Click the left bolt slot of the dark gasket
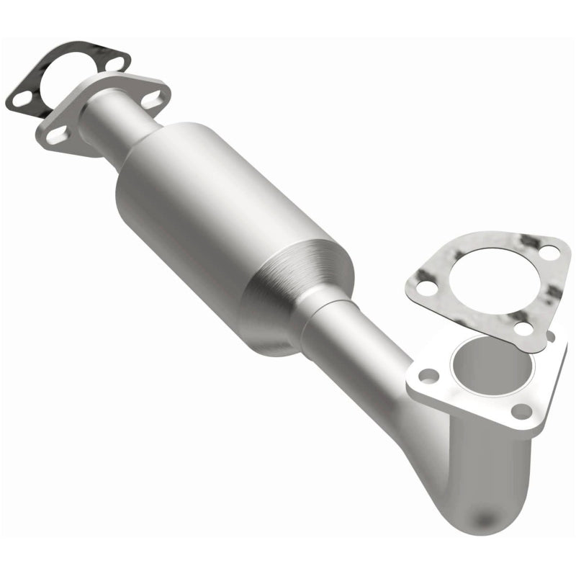(21, 98)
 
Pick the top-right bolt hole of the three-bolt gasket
(549, 253)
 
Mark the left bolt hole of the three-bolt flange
(429, 375)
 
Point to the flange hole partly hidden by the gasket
(550, 336)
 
